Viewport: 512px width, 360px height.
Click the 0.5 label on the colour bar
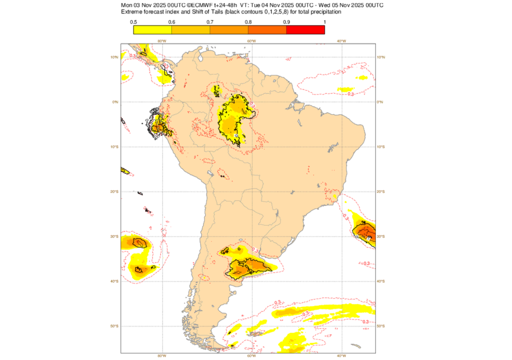[133, 22]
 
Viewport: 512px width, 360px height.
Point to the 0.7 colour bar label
[210, 22]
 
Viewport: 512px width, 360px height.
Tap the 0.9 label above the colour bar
[286, 22]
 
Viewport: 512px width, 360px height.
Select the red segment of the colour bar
[305, 29]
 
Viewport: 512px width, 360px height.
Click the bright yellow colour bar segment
[152, 29]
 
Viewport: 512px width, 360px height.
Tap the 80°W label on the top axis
[161, 41]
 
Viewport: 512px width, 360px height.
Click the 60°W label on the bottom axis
[251, 356]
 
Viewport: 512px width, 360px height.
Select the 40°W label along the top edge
[341, 41]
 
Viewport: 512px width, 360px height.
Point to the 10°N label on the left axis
[115, 57]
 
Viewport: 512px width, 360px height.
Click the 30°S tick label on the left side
[115, 236]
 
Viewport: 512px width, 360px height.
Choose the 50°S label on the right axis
[381, 326]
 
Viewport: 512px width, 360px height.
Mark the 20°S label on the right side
[381, 191]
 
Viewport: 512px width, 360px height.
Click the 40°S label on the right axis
[381, 281]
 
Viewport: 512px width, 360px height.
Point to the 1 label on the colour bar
[324, 22]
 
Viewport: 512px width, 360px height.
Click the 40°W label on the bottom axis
[341, 356]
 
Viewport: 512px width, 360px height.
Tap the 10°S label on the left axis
[115, 146]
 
